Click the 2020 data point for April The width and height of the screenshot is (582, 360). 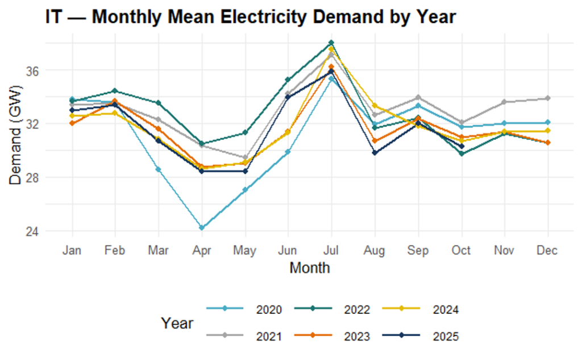(x=201, y=227)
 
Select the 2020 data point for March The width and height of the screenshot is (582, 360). (x=158, y=169)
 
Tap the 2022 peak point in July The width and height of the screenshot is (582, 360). (x=331, y=43)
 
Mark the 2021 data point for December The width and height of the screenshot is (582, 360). (x=547, y=98)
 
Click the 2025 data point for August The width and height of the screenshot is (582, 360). (x=375, y=152)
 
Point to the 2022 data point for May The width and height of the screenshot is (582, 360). (x=245, y=133)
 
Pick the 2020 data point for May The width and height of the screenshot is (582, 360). (x=245, y=190)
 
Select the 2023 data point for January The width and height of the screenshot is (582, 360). (x=72, y=123)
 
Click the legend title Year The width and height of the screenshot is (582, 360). (x=177, y=323)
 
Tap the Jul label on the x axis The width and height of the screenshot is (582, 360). (x=331, y=250)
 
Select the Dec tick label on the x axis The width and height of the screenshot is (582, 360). (x=547, y=250)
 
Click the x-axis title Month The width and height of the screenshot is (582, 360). (x=309, y=267)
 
